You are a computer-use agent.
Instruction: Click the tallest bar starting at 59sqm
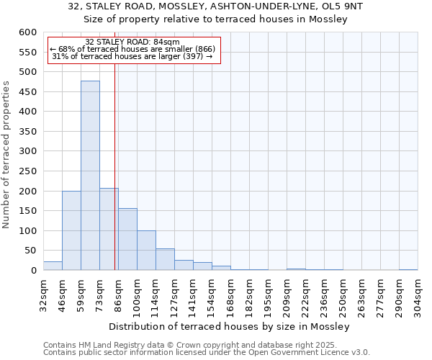coord(90,176)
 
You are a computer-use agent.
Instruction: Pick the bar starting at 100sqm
coord(146,251)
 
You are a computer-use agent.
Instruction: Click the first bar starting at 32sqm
coord(53,266)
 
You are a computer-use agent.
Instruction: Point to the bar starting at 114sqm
coord(165,259)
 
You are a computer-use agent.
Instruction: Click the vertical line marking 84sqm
coord(114,166)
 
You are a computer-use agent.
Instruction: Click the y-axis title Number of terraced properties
coord(6,155)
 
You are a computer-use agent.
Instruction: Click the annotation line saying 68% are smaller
coord(132,49)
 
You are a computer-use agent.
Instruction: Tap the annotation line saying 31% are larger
coord(132,56)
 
